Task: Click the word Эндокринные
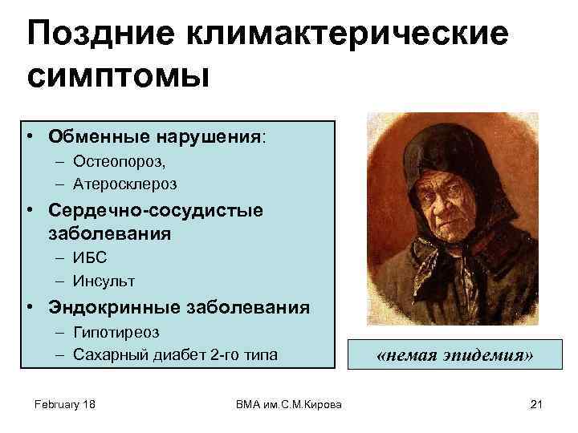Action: [x=115, y=308]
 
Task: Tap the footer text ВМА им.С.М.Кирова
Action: [x=288, y=404]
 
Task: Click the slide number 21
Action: [x=536, y=404]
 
